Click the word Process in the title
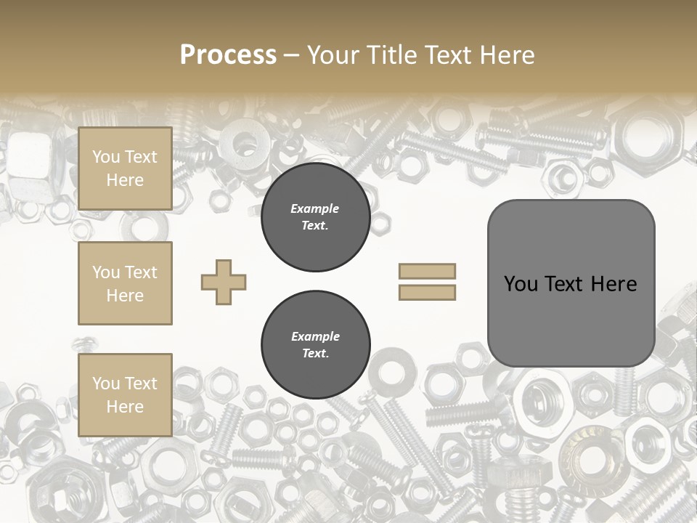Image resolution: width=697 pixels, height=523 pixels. (228, 55)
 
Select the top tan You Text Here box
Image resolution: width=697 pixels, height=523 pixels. (125, 169)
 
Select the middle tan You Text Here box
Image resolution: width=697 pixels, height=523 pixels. (125, 283)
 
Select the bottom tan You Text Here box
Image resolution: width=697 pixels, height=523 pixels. (125, 394)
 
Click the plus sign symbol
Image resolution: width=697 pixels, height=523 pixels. (224, 282)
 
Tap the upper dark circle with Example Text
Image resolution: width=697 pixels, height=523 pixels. (315, 217)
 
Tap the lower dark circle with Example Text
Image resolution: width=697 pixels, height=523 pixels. (315, 345)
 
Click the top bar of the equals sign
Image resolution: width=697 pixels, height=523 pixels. (427, 271)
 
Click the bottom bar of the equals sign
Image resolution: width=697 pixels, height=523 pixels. (427, 293)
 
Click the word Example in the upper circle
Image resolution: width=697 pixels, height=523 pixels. (315, 209)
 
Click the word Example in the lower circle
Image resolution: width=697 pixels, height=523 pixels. (315, 337)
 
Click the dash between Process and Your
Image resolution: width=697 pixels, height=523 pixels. (291, 56)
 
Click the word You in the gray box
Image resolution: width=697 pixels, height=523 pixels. (521, 284)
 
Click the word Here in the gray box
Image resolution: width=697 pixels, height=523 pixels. (614, 284)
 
